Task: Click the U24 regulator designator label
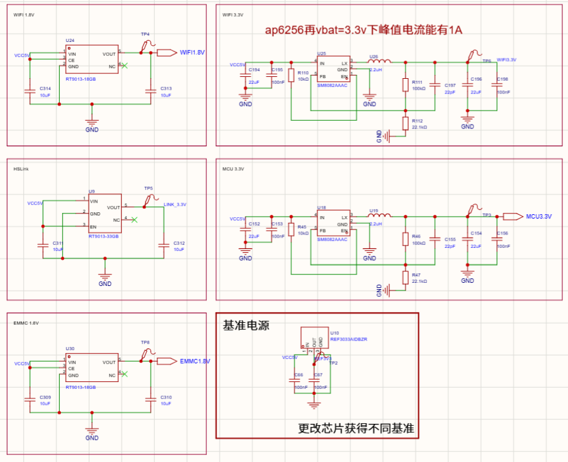(x=70, y=40)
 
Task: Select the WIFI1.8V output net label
(x=192, y=53)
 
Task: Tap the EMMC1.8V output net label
(x=195, y=361)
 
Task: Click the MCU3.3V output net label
(x=539, y=217)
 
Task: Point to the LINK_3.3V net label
(x=175, y=204)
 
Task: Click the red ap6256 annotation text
(x=363, y=31)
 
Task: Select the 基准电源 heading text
(x=246, y=325)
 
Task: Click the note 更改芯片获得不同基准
(x=356, y=428)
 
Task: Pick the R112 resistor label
(x=418, y=120)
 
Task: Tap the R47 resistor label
(x=417, y=275)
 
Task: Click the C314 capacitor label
(x=45, y=88)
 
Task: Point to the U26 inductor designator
(x=373, y=57)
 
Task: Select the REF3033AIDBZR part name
(x=348, y=339)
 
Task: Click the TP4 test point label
(x=145, y=34)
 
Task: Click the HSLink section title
(x=21, y=169)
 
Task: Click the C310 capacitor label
(x=166, y=397)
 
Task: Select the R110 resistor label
(x=303, y=73)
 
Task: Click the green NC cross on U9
(x=134, y=219)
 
